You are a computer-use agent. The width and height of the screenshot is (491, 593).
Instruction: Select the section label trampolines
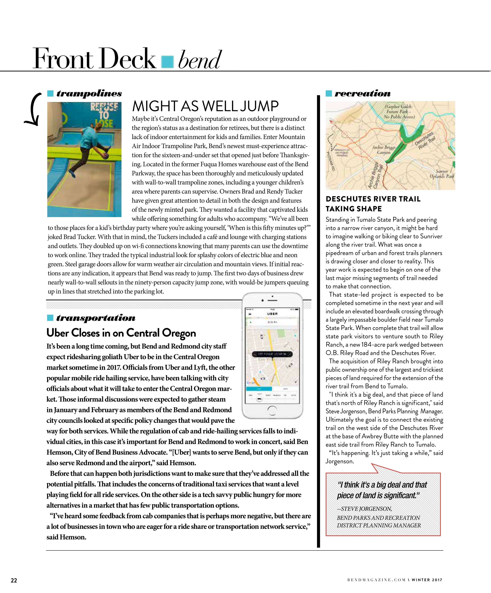pos(89,93)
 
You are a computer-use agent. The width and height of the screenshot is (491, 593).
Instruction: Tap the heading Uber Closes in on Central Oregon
pos(121,333)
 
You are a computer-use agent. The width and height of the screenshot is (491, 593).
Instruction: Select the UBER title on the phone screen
pos(272,314)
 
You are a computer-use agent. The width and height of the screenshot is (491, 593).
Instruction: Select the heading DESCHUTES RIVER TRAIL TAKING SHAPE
pos(373,204)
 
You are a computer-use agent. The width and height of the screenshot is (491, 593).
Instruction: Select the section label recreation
pos(362,93)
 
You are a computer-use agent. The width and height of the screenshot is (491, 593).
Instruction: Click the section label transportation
pos(96,318)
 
